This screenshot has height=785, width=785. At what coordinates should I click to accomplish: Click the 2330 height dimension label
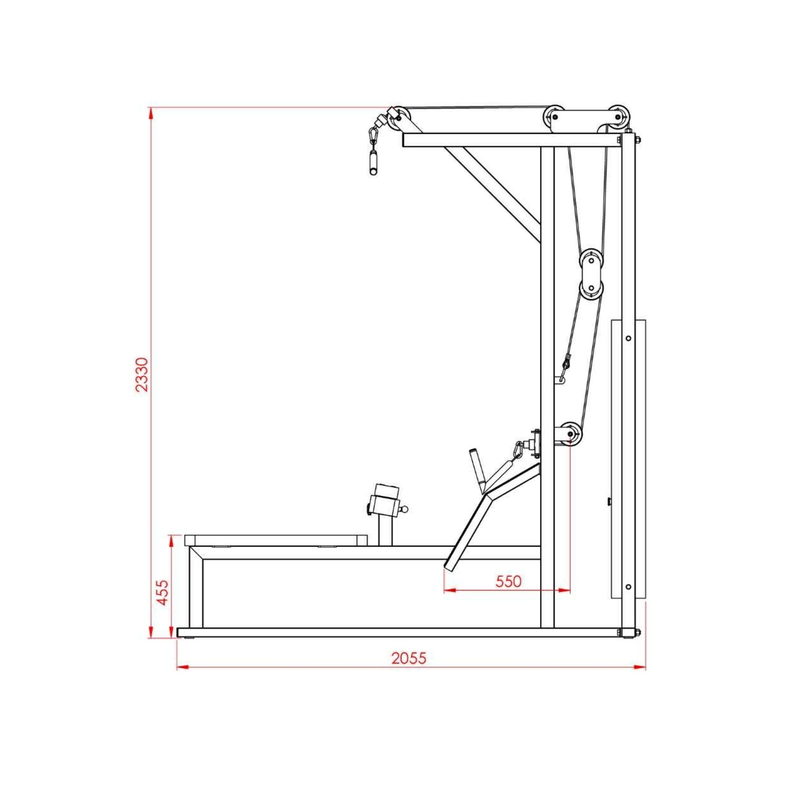coord(142,374)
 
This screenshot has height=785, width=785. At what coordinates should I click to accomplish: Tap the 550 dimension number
coord(508,581)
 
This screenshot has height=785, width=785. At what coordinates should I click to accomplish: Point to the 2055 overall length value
coord(409,658)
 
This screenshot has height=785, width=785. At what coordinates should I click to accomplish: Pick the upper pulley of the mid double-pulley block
coord(591,260)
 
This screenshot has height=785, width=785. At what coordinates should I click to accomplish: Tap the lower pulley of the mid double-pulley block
coord(591,288)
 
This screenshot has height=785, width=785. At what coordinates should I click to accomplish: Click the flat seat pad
coord(276,540)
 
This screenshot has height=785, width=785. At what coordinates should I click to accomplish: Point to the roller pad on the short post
coord(386,500)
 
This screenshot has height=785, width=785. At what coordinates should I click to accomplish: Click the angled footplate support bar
coord(468,530)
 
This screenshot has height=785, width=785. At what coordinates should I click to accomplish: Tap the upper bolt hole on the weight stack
coord(628,338)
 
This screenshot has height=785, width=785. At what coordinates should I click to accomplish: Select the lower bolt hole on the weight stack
coord(628,587)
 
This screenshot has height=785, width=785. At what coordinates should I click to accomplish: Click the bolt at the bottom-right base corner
coord(637,632)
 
